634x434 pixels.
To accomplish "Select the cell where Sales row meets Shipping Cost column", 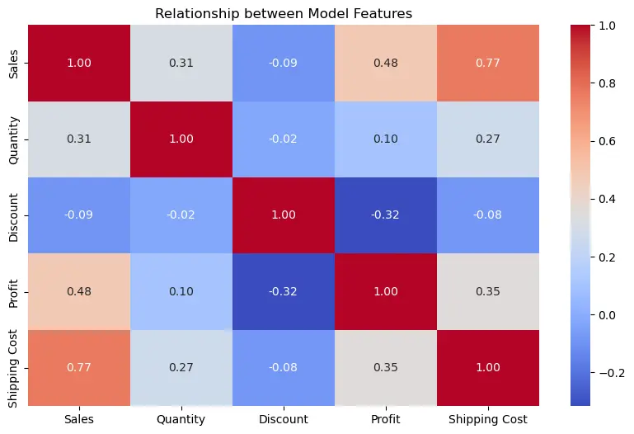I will pyautogui.click(x=488, y=63).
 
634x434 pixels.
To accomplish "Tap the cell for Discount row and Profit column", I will pyautogui.click(x=386, y=216).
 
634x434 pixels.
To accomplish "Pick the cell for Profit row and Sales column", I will pyautogui.click(x=79, y=292).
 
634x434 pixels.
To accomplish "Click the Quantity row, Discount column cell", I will pyautogui.click(x=284, y=139).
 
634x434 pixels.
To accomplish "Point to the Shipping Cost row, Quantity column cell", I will pyautogui.click(x=181, y=369).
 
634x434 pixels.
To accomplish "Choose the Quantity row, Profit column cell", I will pyautogui.click(x=386, y=139).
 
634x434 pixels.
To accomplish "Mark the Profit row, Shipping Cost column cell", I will pyautogui.click(x=488, y=292).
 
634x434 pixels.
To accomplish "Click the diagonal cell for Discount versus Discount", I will pyautogui.click(x=284, y=216).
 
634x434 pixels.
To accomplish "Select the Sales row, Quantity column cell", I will pyautogui.click(x=181, y=63).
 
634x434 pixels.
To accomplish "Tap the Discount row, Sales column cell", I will pyautogui.click(x=79, y=216).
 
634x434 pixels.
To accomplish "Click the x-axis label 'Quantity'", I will pyautogui.click(x=181, y=420).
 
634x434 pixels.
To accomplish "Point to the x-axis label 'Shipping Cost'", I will pyautogui.click(x=488, y=420).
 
